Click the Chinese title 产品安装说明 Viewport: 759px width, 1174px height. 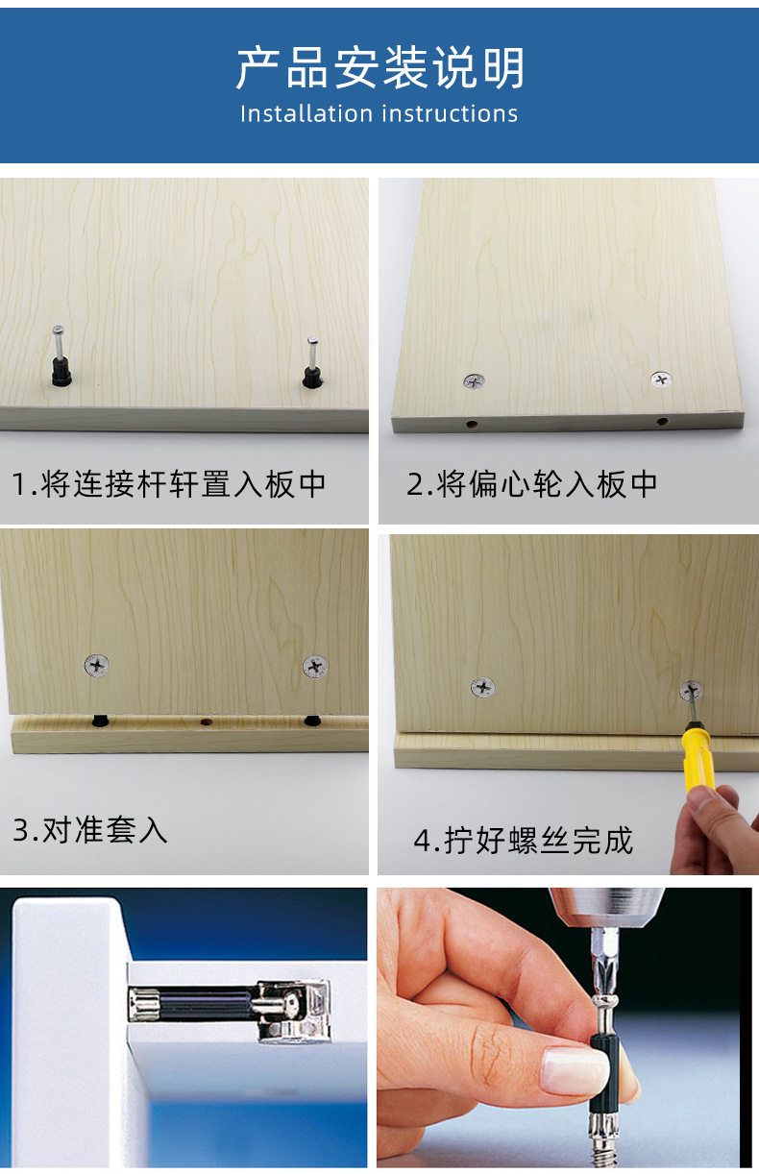tap(379, 68)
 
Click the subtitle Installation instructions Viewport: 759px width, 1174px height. tap(379, 113)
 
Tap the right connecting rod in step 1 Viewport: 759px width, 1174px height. tap(312, 362)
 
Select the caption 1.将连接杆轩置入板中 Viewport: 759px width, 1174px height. tap(169, 483)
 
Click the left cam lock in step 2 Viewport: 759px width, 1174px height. tap(473, 382)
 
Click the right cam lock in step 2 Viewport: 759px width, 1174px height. tap(661, 379)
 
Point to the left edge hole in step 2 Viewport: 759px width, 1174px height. tap(472, 423)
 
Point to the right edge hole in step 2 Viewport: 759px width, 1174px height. tap(662, 421)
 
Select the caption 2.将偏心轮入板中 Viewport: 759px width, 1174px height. tap(532, 483)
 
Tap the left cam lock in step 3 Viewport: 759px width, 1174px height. tap(97, 664)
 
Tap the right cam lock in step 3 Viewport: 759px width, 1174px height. tap(315, 665)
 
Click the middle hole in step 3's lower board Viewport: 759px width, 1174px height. tap(204, 721)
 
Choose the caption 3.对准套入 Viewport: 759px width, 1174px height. tap(90, 829)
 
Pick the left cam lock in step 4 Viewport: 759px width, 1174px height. tap(482, 687)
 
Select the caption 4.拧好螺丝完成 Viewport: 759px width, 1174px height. tap(524, 840)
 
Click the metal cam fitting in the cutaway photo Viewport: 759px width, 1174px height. tap(293, 1008)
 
